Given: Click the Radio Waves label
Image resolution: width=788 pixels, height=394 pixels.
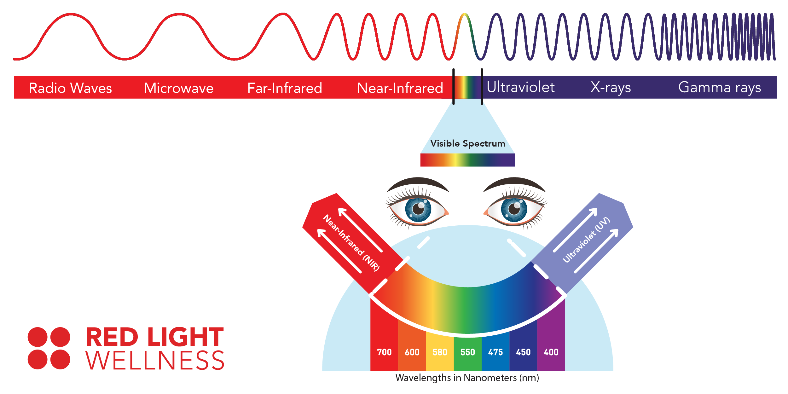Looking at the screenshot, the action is (x=70, y=88).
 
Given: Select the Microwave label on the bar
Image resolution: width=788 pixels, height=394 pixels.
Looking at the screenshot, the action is (x=179, y=88).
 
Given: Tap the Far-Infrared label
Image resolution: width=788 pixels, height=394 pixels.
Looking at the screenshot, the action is (x=285, y=88).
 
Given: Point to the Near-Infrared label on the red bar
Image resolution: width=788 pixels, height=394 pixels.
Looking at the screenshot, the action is (x=400, y=88).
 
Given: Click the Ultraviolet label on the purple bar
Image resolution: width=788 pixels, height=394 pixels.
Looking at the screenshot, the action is (x=521, y=87).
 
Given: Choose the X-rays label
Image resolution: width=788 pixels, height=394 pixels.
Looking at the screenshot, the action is (x=611, y=88).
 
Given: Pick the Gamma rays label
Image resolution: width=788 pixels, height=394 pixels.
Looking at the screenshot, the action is (x=720, y=88).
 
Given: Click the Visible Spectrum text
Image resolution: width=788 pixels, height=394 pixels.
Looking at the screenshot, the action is (x=468, y=144).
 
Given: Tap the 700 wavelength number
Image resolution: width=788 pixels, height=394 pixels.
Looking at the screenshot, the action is (x=384, y=352).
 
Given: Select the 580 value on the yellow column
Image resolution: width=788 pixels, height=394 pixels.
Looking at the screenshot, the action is (x=440, y=352).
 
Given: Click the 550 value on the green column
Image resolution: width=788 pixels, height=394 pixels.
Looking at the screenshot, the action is (x=467, y=352).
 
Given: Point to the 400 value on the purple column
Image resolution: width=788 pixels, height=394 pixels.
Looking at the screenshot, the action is (x=551, y=352).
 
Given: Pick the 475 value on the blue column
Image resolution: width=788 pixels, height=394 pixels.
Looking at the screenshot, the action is (x=495, y=352).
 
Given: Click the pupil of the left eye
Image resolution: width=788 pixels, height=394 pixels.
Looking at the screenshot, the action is (x=418, y=209).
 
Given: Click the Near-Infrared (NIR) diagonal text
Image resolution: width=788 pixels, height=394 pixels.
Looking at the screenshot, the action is (x=351, y=243).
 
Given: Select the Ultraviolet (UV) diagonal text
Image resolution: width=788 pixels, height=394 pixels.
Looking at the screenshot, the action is (x=587, y=240).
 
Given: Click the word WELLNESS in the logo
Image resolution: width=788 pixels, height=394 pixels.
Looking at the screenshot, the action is (x=155, y=360).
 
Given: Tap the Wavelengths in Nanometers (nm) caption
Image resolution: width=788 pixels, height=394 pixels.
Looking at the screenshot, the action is (x=467, y=378).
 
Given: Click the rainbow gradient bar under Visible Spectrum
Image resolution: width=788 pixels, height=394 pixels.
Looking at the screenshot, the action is (x=467, y=160).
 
